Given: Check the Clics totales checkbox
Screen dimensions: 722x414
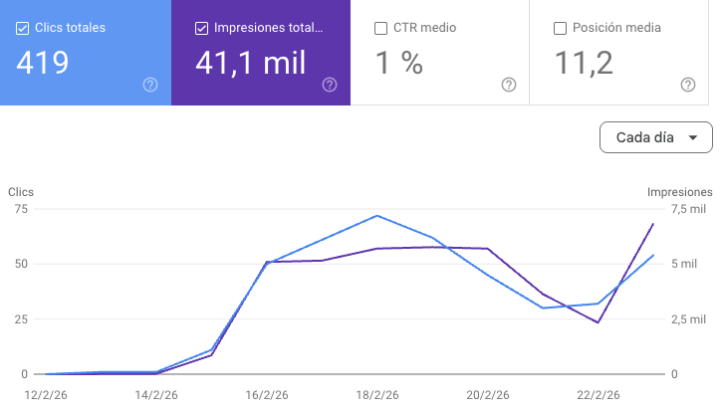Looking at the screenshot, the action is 22,29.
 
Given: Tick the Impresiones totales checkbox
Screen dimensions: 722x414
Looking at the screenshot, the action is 201,29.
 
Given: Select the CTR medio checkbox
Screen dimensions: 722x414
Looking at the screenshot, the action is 380,29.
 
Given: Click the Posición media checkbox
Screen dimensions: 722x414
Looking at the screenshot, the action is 560,29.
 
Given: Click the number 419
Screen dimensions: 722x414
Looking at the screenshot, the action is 43,63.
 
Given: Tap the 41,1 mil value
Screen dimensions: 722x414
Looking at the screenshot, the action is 251,63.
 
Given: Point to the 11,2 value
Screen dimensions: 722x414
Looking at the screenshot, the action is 584,63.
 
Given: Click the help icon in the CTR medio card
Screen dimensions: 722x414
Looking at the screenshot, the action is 509,85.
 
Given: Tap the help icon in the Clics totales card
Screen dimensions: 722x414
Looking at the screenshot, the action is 150,85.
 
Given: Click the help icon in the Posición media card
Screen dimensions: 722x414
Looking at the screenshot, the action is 688,85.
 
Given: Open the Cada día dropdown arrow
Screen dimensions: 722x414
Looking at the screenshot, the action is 692,137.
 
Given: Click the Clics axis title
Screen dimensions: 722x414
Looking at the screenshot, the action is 21,192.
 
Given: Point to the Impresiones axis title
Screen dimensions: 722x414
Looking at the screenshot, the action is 679,192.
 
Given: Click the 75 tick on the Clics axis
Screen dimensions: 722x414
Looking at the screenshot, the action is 21,209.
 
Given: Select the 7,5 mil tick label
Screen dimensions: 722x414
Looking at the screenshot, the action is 688,209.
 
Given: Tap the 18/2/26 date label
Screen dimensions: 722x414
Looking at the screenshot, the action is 377,395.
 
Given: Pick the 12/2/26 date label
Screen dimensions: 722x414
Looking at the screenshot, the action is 46,395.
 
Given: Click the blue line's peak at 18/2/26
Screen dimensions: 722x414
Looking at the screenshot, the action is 377,215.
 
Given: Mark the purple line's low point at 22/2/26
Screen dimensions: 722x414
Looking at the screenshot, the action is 598,322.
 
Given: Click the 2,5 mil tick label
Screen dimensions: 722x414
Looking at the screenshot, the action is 688,319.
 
